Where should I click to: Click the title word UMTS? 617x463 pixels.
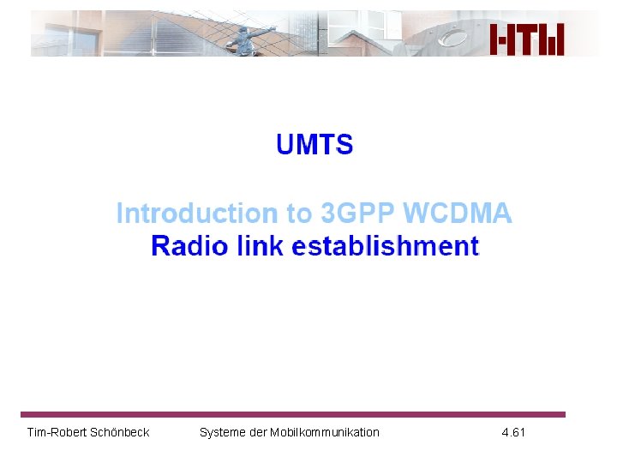click(x=314, y=145)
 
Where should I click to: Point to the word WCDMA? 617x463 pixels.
click(x=457, y=213)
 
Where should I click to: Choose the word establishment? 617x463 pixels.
click(x=386, y=247)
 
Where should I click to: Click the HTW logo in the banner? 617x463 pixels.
click(x=527, y=39)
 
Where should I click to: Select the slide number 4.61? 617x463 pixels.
click(x=513, y=432)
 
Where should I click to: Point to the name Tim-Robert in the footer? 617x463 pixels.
click(x=57, y=432)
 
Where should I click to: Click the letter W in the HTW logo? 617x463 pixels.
click(x=552, y=39)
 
